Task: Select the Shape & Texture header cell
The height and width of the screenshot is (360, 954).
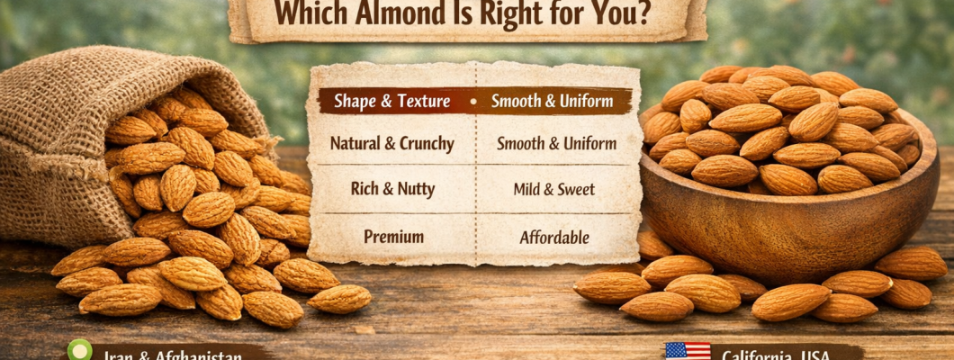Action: tap(391, 101)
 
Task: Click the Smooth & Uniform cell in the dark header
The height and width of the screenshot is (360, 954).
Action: tap(553, 101)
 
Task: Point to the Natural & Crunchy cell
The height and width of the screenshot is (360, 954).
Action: tap(391, 143)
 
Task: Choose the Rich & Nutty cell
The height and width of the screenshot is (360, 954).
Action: tap(391, 190)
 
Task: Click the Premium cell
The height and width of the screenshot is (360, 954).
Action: tap(393, 238)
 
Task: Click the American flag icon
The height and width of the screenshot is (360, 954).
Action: tap(687, 351)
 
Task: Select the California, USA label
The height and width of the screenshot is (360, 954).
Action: tap(776, 355)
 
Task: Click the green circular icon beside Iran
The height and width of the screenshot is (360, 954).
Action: tap(80, 350)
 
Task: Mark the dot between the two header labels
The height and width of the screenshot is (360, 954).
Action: tap(472, 102)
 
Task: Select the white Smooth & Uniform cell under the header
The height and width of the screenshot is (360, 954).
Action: tap(556, 143)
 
